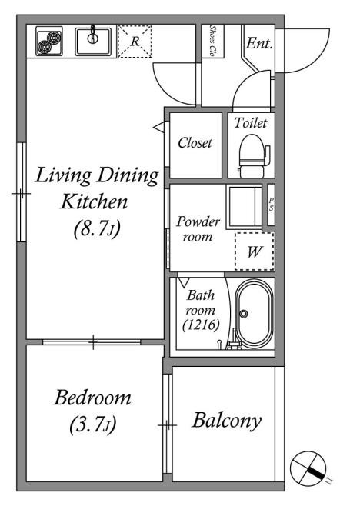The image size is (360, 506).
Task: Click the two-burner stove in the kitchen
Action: click(x=49, y=42)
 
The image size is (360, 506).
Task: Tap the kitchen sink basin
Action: click(x=93, y=42)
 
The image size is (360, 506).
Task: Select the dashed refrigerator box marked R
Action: click(x=135, y=42)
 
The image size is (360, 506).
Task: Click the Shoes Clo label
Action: click(x=212, y=42)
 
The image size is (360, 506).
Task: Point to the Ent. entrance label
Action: click(x=259, y=43)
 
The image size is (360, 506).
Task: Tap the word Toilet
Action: click(x=251, y=122)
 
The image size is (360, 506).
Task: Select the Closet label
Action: click(x=195, y=142)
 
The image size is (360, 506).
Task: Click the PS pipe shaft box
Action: click(x=272, y=205)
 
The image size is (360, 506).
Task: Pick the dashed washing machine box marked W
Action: click(x=255, y=251)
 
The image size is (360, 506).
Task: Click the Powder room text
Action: click(x=198, y=229)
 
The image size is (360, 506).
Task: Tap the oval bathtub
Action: click(x=254, y=314)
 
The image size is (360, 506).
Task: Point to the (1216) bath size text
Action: click(x=201, y=325)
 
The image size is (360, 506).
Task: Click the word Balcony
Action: click(x=227, y=421)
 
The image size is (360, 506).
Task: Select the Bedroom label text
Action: click(x=92, y=398)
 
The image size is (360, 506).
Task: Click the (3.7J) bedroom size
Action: click(x=92, y=424)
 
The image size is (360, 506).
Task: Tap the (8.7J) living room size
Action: click(x=97, y=229)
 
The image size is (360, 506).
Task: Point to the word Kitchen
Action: click(x=94, y=201)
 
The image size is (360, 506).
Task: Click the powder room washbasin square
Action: click(x=244, y=207)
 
